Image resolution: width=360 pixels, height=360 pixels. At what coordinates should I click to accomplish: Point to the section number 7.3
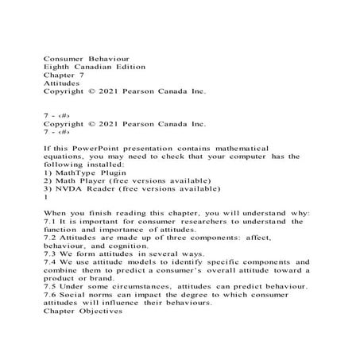click(49, 254)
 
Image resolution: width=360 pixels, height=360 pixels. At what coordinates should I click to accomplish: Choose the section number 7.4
click(49, 262)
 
